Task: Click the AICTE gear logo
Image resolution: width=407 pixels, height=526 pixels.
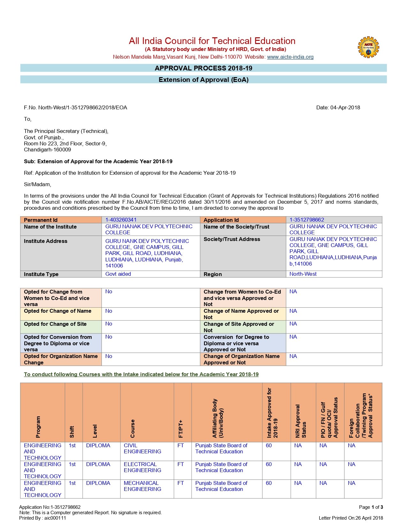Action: pyautogui.click(x=368, y=47)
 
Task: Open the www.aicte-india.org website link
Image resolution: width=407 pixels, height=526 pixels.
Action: pyautogui.click(x=290, y=57)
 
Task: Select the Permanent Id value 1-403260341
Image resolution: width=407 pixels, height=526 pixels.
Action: pyautogui.click(x=121, y=220)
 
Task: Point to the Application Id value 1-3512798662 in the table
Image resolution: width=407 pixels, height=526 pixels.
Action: pyautogui.click(x=306, y=220)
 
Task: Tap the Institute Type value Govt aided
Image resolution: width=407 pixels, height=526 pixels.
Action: pyautogui.click(x=118, y=274)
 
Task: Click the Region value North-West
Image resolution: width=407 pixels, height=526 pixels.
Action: pyautogui.click(x=303, y=274)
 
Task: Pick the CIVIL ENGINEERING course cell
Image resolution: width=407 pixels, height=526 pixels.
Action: pyautogui.click(x=142, y=449)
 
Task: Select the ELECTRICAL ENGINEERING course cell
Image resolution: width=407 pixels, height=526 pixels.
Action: pyautogui.click(x=142, y=467)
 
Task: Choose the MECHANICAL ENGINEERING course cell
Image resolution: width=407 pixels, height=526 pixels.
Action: pyautogui.click(x=142, y=486)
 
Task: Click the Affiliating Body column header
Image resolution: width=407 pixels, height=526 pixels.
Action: pyautogui.click(x=218, y=418)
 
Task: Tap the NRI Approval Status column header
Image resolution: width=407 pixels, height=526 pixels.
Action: pyautogui.click(x=301, y=421)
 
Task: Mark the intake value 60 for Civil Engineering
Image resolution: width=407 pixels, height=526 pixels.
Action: pyautogui.click(x=269, y=446)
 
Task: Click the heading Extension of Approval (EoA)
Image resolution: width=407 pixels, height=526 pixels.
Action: pyautogui.click(x=203, y=80)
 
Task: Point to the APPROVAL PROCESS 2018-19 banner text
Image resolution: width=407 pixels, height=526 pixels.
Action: pyautogui.click(x=203, y=68)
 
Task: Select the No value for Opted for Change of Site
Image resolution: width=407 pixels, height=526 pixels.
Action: pyautogui.click(x=109, y=324)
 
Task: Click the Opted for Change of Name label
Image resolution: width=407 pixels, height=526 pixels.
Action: pyautogui.click(x=57, y=311)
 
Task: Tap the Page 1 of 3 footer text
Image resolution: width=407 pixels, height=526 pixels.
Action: pyautogui.click(x=371, y=507)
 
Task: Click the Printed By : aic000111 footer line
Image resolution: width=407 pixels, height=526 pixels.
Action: pyautogui.click(x=42, y=518)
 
